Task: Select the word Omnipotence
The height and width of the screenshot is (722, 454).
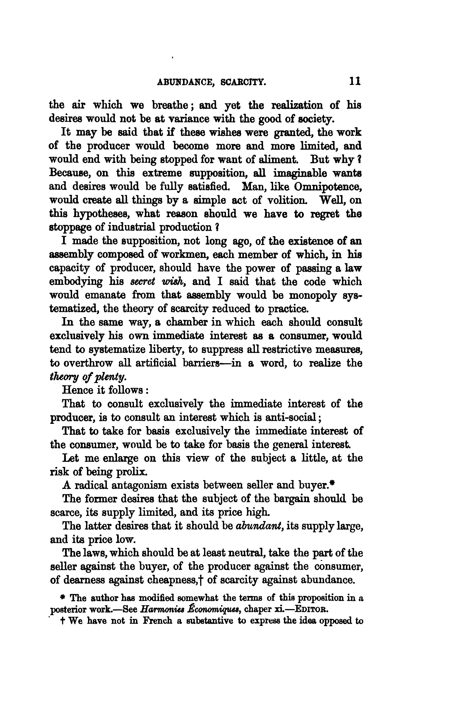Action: (328, 186)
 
